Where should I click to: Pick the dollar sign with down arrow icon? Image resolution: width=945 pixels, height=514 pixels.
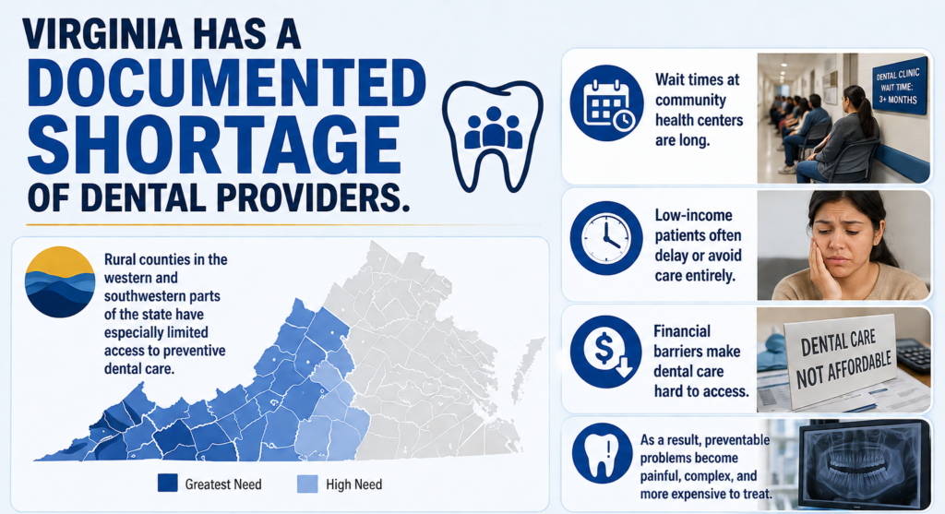pos(606,351)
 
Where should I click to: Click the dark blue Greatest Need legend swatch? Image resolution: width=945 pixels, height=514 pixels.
pos(167,483)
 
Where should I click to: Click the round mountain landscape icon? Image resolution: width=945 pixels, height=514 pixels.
pos(60,281)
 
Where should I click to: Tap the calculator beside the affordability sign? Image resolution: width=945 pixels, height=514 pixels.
pos(914,353)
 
